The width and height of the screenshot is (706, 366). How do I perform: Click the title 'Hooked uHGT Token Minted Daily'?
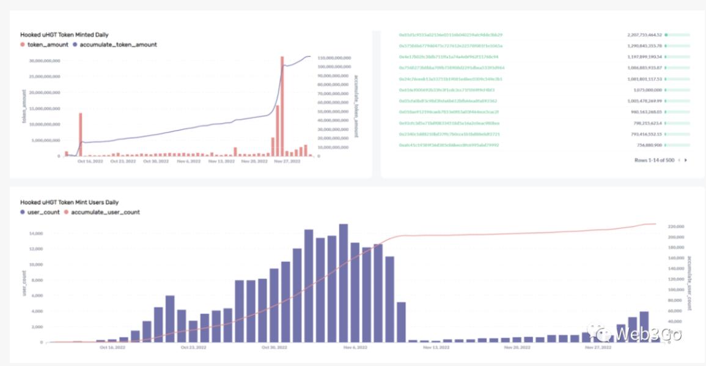[64, 35]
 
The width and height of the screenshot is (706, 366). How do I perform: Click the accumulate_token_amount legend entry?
[118, 45]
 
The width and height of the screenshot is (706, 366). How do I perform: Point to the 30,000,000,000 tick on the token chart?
[45, 61]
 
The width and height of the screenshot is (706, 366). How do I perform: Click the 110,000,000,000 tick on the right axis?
[334, 58]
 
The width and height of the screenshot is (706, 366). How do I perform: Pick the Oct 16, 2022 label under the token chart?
[90, 162]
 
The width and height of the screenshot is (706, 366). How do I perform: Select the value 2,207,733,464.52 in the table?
[644, 35]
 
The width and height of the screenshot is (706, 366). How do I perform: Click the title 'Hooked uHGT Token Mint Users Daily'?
[69, 202]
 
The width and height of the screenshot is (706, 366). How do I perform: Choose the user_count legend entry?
[42, 212]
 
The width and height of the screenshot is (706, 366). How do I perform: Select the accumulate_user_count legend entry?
[105, 212]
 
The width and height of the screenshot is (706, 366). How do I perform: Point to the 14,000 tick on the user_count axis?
[35, 234]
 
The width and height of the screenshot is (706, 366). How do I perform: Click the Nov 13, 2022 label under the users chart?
[436, 347]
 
